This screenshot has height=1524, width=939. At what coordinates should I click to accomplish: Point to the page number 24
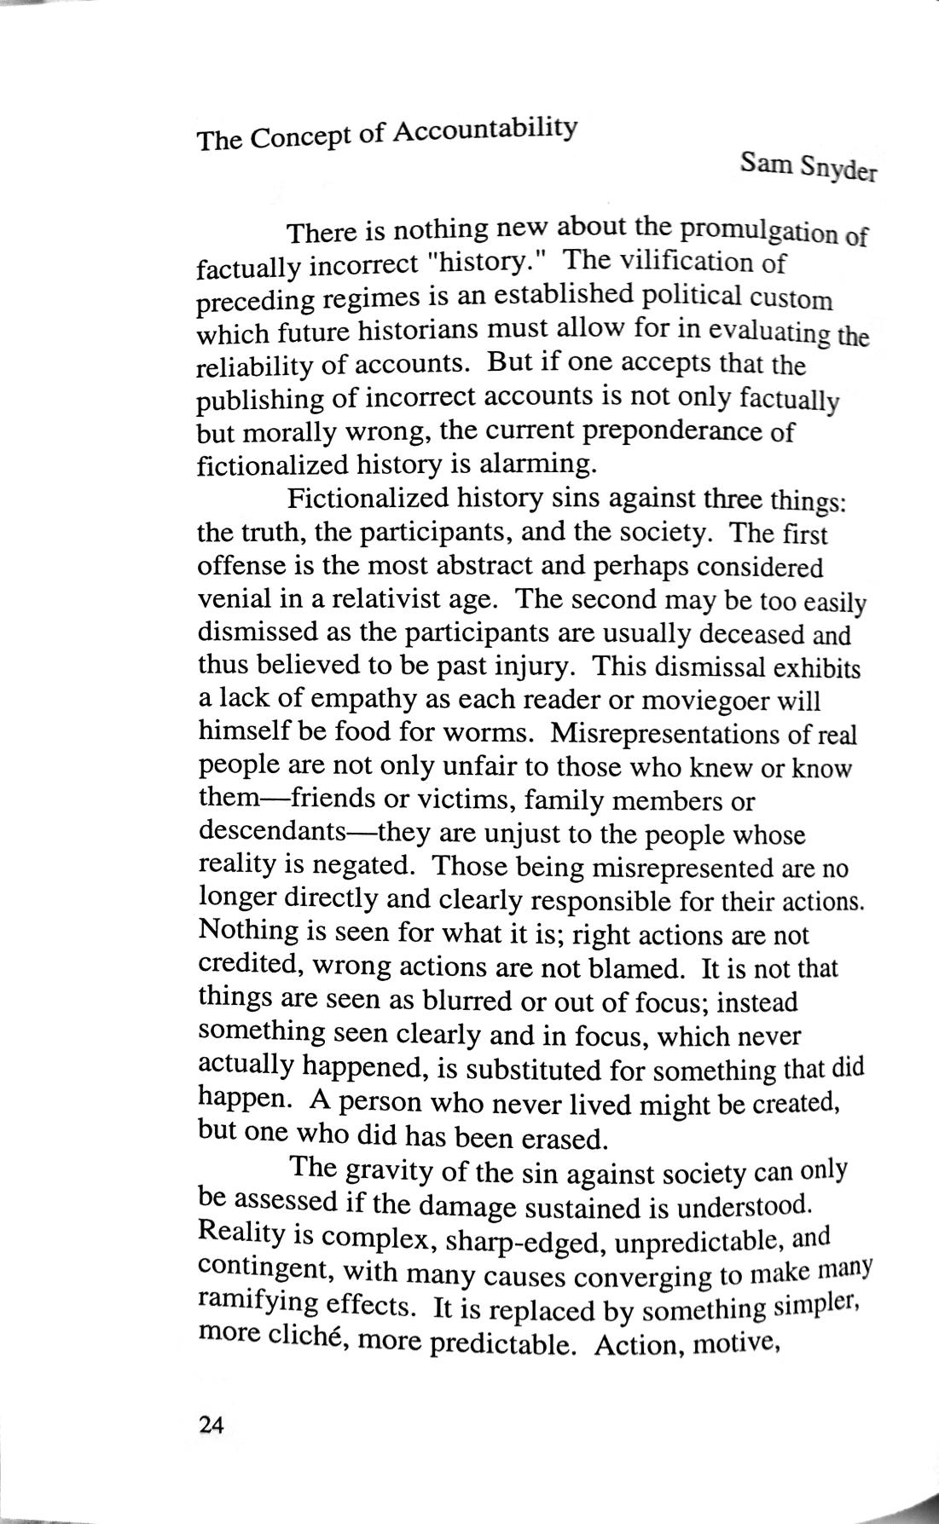[210, 1424]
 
